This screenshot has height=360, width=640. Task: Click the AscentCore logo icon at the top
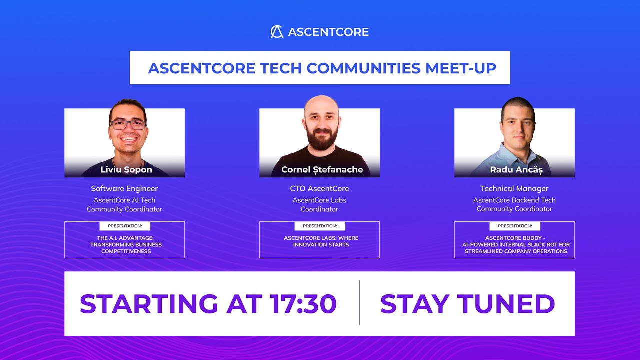pos(277,32)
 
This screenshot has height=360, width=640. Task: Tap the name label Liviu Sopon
pos(126,170)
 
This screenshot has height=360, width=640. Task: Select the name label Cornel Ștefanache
pos(322,170)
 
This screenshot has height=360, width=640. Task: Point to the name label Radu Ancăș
pos(516,170)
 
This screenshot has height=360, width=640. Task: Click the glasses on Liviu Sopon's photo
pos(128,124)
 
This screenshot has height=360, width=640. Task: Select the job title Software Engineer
pos(124,189)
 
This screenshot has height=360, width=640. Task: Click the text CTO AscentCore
pos(319,189)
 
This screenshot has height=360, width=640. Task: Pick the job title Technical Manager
pos(514,189)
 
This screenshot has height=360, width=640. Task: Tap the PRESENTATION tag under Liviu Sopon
pos(125,226)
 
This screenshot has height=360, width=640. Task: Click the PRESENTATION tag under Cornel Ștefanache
pos(320,226)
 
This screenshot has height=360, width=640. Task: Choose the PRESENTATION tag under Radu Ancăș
pos(515,226)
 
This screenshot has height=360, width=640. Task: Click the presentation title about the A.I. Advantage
pos(126,245)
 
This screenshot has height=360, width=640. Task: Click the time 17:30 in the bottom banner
pos(303,304)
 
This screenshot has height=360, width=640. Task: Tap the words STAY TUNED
pos(467,304)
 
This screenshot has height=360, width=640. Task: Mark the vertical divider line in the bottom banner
pos(359,303)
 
